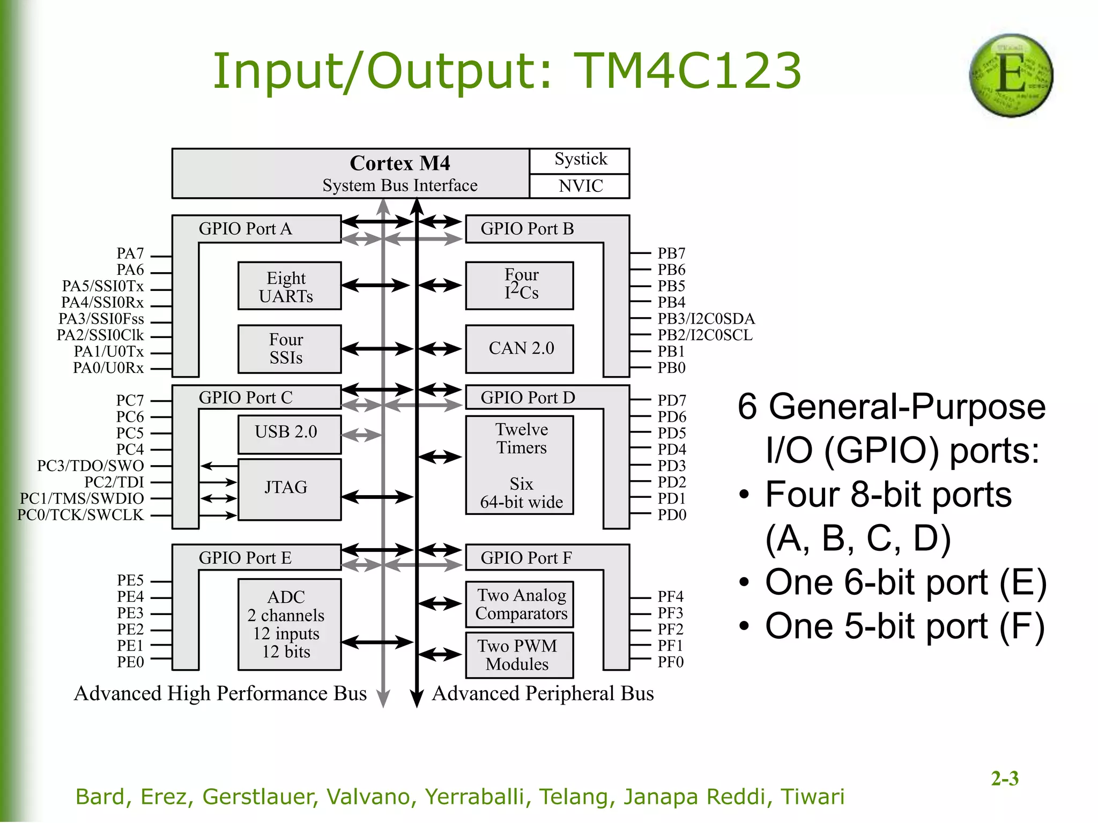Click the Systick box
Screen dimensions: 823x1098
(x=580, y=160)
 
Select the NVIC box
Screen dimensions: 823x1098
(x=580, y=186)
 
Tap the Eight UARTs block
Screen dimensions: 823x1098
(x=290, y=286)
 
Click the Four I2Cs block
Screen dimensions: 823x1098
(x=520, y=286)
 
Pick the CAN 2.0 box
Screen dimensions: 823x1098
(x=520, y=349)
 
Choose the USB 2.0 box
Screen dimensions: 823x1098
(x=290, y=433)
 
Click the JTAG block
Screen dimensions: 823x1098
(x=290, y=488)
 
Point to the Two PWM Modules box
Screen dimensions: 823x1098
(x=518, y=655)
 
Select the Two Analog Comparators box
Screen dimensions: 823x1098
(x=520, y=604)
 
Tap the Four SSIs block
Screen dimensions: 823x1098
(x=290, y=349)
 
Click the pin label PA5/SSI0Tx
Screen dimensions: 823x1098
(x=103, y=286)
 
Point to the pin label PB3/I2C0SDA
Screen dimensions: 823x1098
(x=706, y=319)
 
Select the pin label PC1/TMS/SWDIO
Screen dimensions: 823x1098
(x=82, y=498)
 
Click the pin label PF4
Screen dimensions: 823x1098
(x=670, y=596)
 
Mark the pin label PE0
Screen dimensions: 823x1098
(x=130, y=662)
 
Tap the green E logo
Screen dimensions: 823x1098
(x=1011, y=76)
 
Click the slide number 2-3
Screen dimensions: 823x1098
(x=1004, y=779)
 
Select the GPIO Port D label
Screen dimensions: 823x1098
(x=528, y=398)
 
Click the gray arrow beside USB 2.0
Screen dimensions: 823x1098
(x=361, y=435)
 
